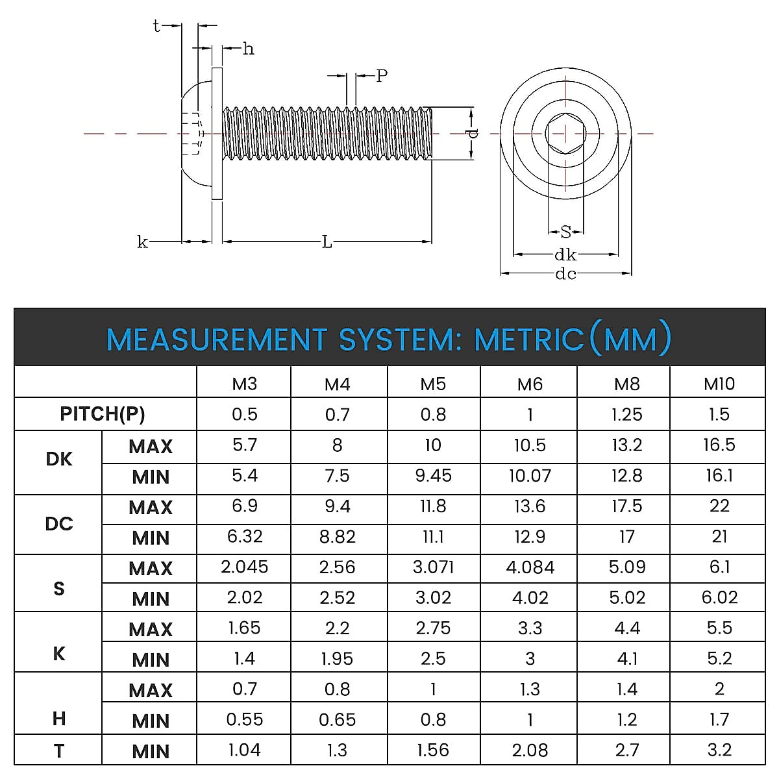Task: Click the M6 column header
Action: click(529, 384)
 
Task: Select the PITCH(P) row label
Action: click(103, 414)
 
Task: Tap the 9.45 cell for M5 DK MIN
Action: click(433, 476)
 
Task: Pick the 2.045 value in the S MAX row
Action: click(244, 567)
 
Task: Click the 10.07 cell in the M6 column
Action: click(529, 476)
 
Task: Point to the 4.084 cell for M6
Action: click(530, 567)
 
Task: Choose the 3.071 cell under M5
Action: click(433, 567)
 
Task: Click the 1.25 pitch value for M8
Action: click(626, 414)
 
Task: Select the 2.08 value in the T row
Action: click(530, 750)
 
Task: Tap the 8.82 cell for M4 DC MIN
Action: click(337, 537)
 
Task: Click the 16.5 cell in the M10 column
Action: click(719, 445)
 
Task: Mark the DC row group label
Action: click(58, 524)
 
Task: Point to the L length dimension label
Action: click(327, 242)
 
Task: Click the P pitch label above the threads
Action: click(382, 76)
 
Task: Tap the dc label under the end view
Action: click(565, 274)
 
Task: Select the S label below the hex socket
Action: click(565, 232)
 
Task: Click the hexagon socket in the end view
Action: click(565, 134)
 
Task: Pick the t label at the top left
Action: click(156, 26)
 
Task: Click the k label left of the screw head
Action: click(142, 242)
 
